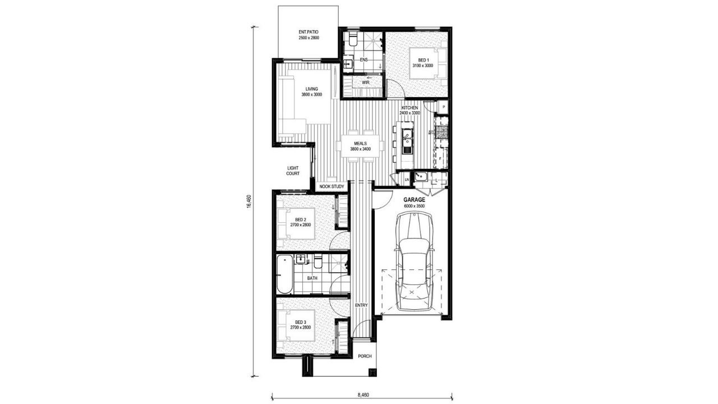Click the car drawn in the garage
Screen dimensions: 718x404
(414, 261)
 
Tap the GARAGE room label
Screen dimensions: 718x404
(414, 200)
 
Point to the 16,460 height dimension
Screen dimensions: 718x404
(249, 201)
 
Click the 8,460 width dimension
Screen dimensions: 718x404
(363, 394)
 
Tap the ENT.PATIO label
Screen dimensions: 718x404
(309, 35)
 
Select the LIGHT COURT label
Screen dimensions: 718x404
(293, 171)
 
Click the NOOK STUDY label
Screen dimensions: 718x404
(332, 186)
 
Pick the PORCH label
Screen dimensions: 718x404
(365, 356)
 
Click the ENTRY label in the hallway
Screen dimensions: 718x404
(361, 305)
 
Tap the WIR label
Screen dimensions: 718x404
(365, 82)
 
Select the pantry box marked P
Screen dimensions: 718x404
(444, 107)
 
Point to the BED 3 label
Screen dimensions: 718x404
(301, 322)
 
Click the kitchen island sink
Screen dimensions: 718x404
(407, 139)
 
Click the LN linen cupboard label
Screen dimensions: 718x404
(407, 180)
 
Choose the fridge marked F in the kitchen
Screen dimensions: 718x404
(440, 158)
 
